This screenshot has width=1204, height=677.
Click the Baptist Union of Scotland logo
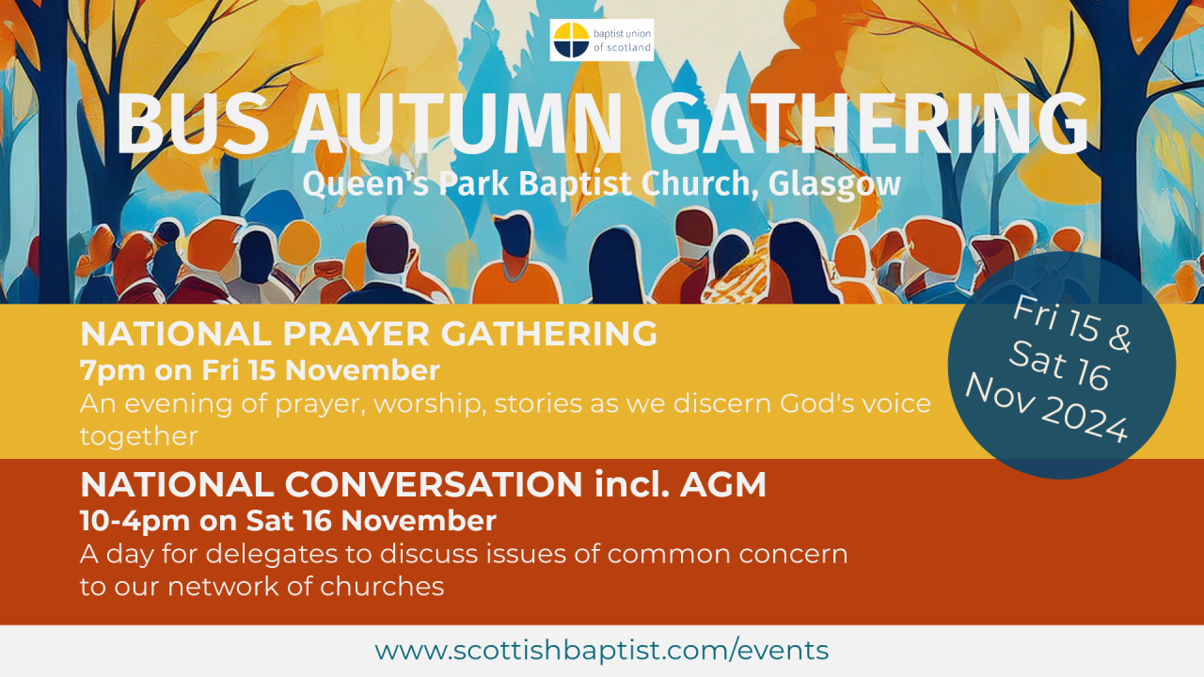click(601, 39)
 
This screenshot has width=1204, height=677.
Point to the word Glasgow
click(834, 183)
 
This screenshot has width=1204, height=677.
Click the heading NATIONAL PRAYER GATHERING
click(369, 334)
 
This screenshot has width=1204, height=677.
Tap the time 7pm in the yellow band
click(111, 370)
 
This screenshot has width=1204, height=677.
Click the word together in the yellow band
click(138, 436)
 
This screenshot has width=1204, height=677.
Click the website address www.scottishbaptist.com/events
click(602, 650)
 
